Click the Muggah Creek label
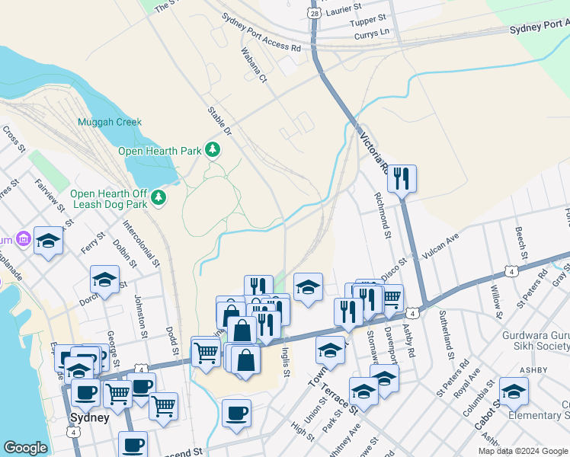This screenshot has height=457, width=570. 110,122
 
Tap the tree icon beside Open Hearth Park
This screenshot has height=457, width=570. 215,149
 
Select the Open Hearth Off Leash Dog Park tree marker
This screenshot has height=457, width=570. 158,199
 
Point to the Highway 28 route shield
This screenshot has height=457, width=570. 315,13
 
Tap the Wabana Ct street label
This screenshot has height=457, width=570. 254,66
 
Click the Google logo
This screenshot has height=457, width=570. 25,448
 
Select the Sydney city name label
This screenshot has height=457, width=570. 89,418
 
